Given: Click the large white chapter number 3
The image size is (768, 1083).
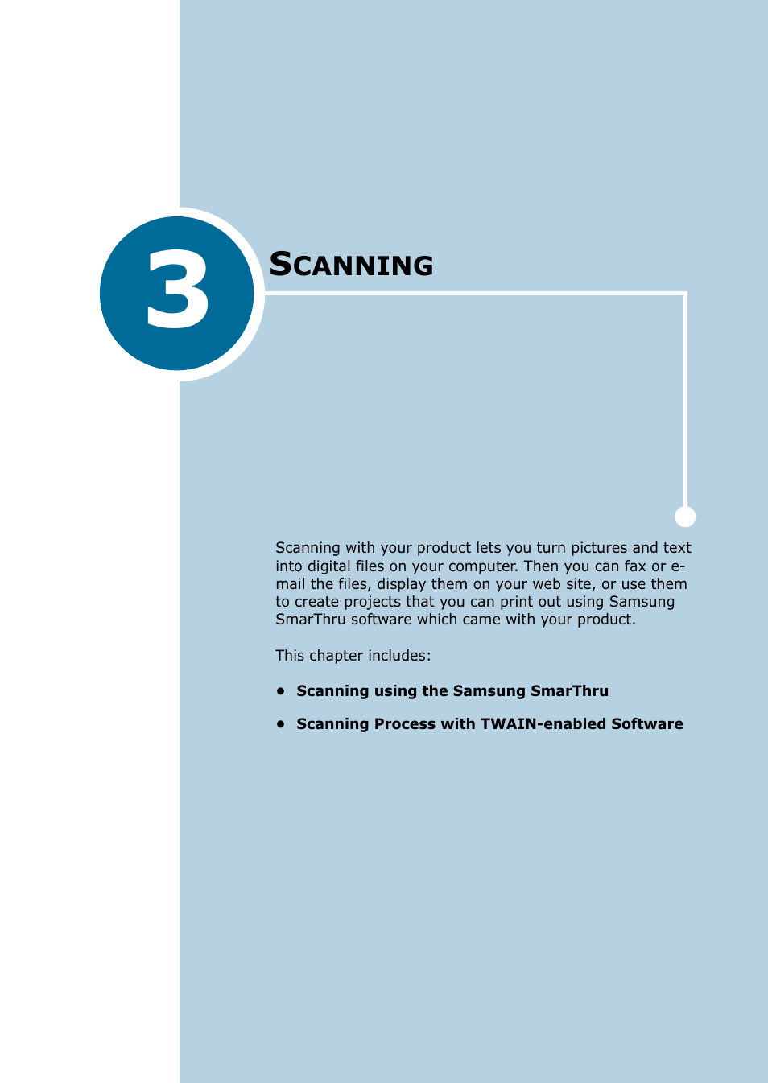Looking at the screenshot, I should coord(178,290).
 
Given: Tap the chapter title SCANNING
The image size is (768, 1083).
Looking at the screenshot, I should coord(351,265).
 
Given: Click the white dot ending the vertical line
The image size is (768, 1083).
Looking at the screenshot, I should coord(685,517).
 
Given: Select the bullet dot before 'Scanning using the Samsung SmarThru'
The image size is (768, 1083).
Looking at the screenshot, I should coord(281,690).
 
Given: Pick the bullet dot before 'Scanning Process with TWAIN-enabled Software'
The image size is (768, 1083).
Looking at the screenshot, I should coord(281,723).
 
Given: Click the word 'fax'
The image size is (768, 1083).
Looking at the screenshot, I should coord(635,566).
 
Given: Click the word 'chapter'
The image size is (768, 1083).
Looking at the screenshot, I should coord(336,656).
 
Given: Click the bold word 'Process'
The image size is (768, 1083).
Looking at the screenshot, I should coord(404,723).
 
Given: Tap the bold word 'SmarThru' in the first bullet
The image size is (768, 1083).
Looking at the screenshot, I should coord(569,690).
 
